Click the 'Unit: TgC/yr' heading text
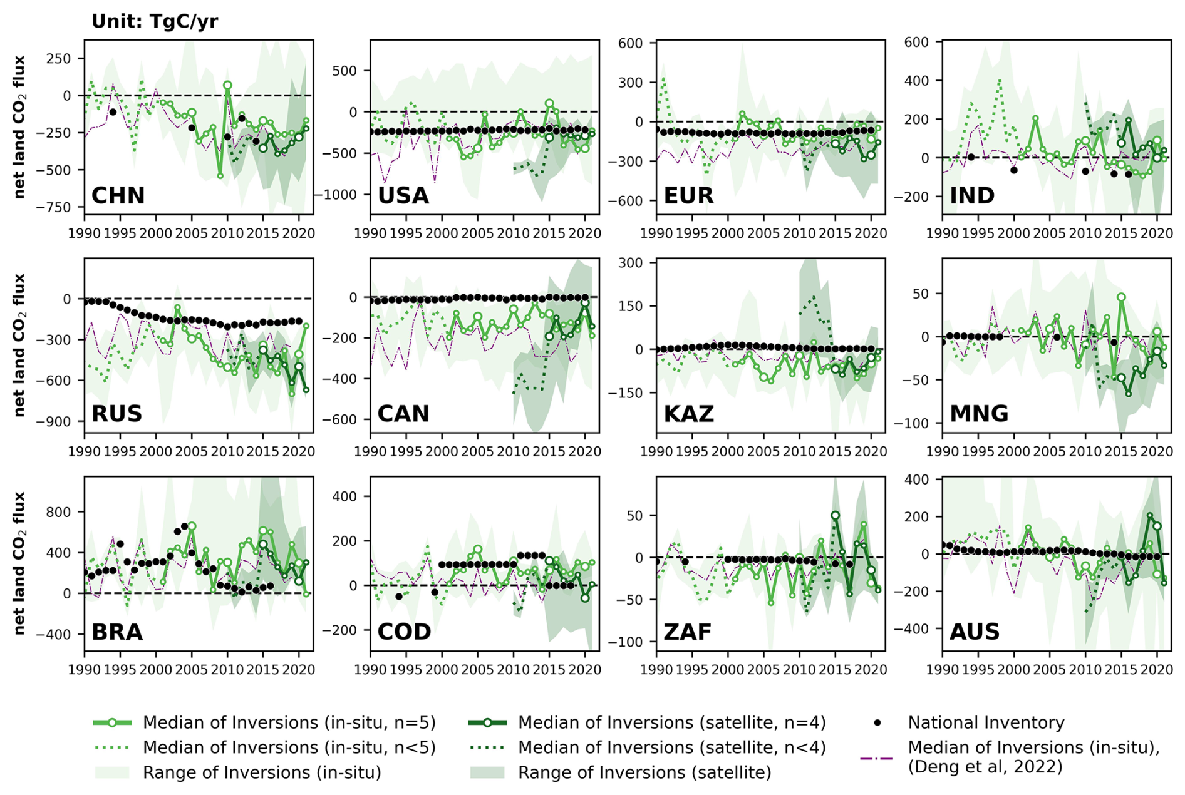pyautogui.click(x=154, y=21)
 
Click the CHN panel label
pyautogui.click(x=118, y=196)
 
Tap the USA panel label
pyautogui.click(x=403, y=196)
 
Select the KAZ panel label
pyautogui.click(x=688, y=414)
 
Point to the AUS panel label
pyautogui.click(x=974, y=632)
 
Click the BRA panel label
pyautogui.click(x=117, y=632)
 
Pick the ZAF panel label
pyautogui.click(x=688, y=632)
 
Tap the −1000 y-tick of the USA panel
pyautogui.click(x=338, y=195)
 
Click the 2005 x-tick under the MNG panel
pyautogui.click(x=1049, y=451)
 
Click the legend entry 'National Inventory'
pyautogui.click(x=986, y=722)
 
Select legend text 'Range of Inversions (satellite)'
pyautogui.click(x=644, y=772)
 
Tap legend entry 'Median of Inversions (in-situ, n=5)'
pyautogui.click(x=289, y=722)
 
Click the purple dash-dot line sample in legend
pyautogui.click(x=877, y=758)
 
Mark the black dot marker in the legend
pyautogui.click(x=877, y=722)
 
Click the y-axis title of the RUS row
pyautogui.click(x=19, y=345)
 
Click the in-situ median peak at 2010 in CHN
pyautogui.click(x=227, y=85)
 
